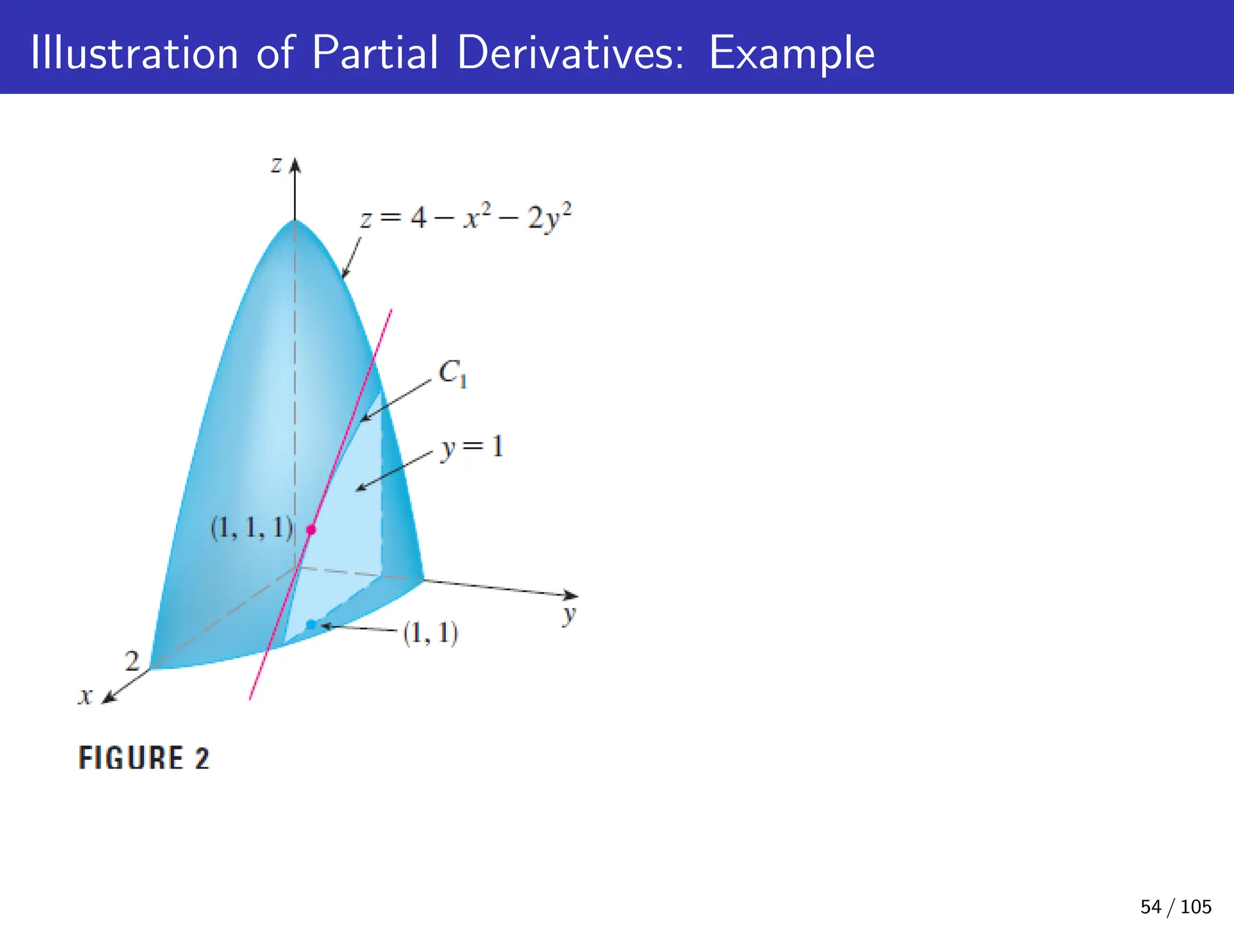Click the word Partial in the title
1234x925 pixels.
click(x=375, y=53)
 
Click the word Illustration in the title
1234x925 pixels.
click(x=134, y=53)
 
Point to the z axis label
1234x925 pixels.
click(x=276, y=164)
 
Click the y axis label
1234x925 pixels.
click(x=569, y=615)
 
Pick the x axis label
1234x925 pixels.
click(x=85, y=697)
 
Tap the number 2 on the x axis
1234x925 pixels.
click(x=132, y=661)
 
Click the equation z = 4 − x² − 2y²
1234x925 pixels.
click(x=465, y=217)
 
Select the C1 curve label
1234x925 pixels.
click(x=453, y=374)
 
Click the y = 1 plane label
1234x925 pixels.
click(x=472, y=447)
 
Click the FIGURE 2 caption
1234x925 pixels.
click(x=144, y=758)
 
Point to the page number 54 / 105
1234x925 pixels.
click(x=1176, y=906)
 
